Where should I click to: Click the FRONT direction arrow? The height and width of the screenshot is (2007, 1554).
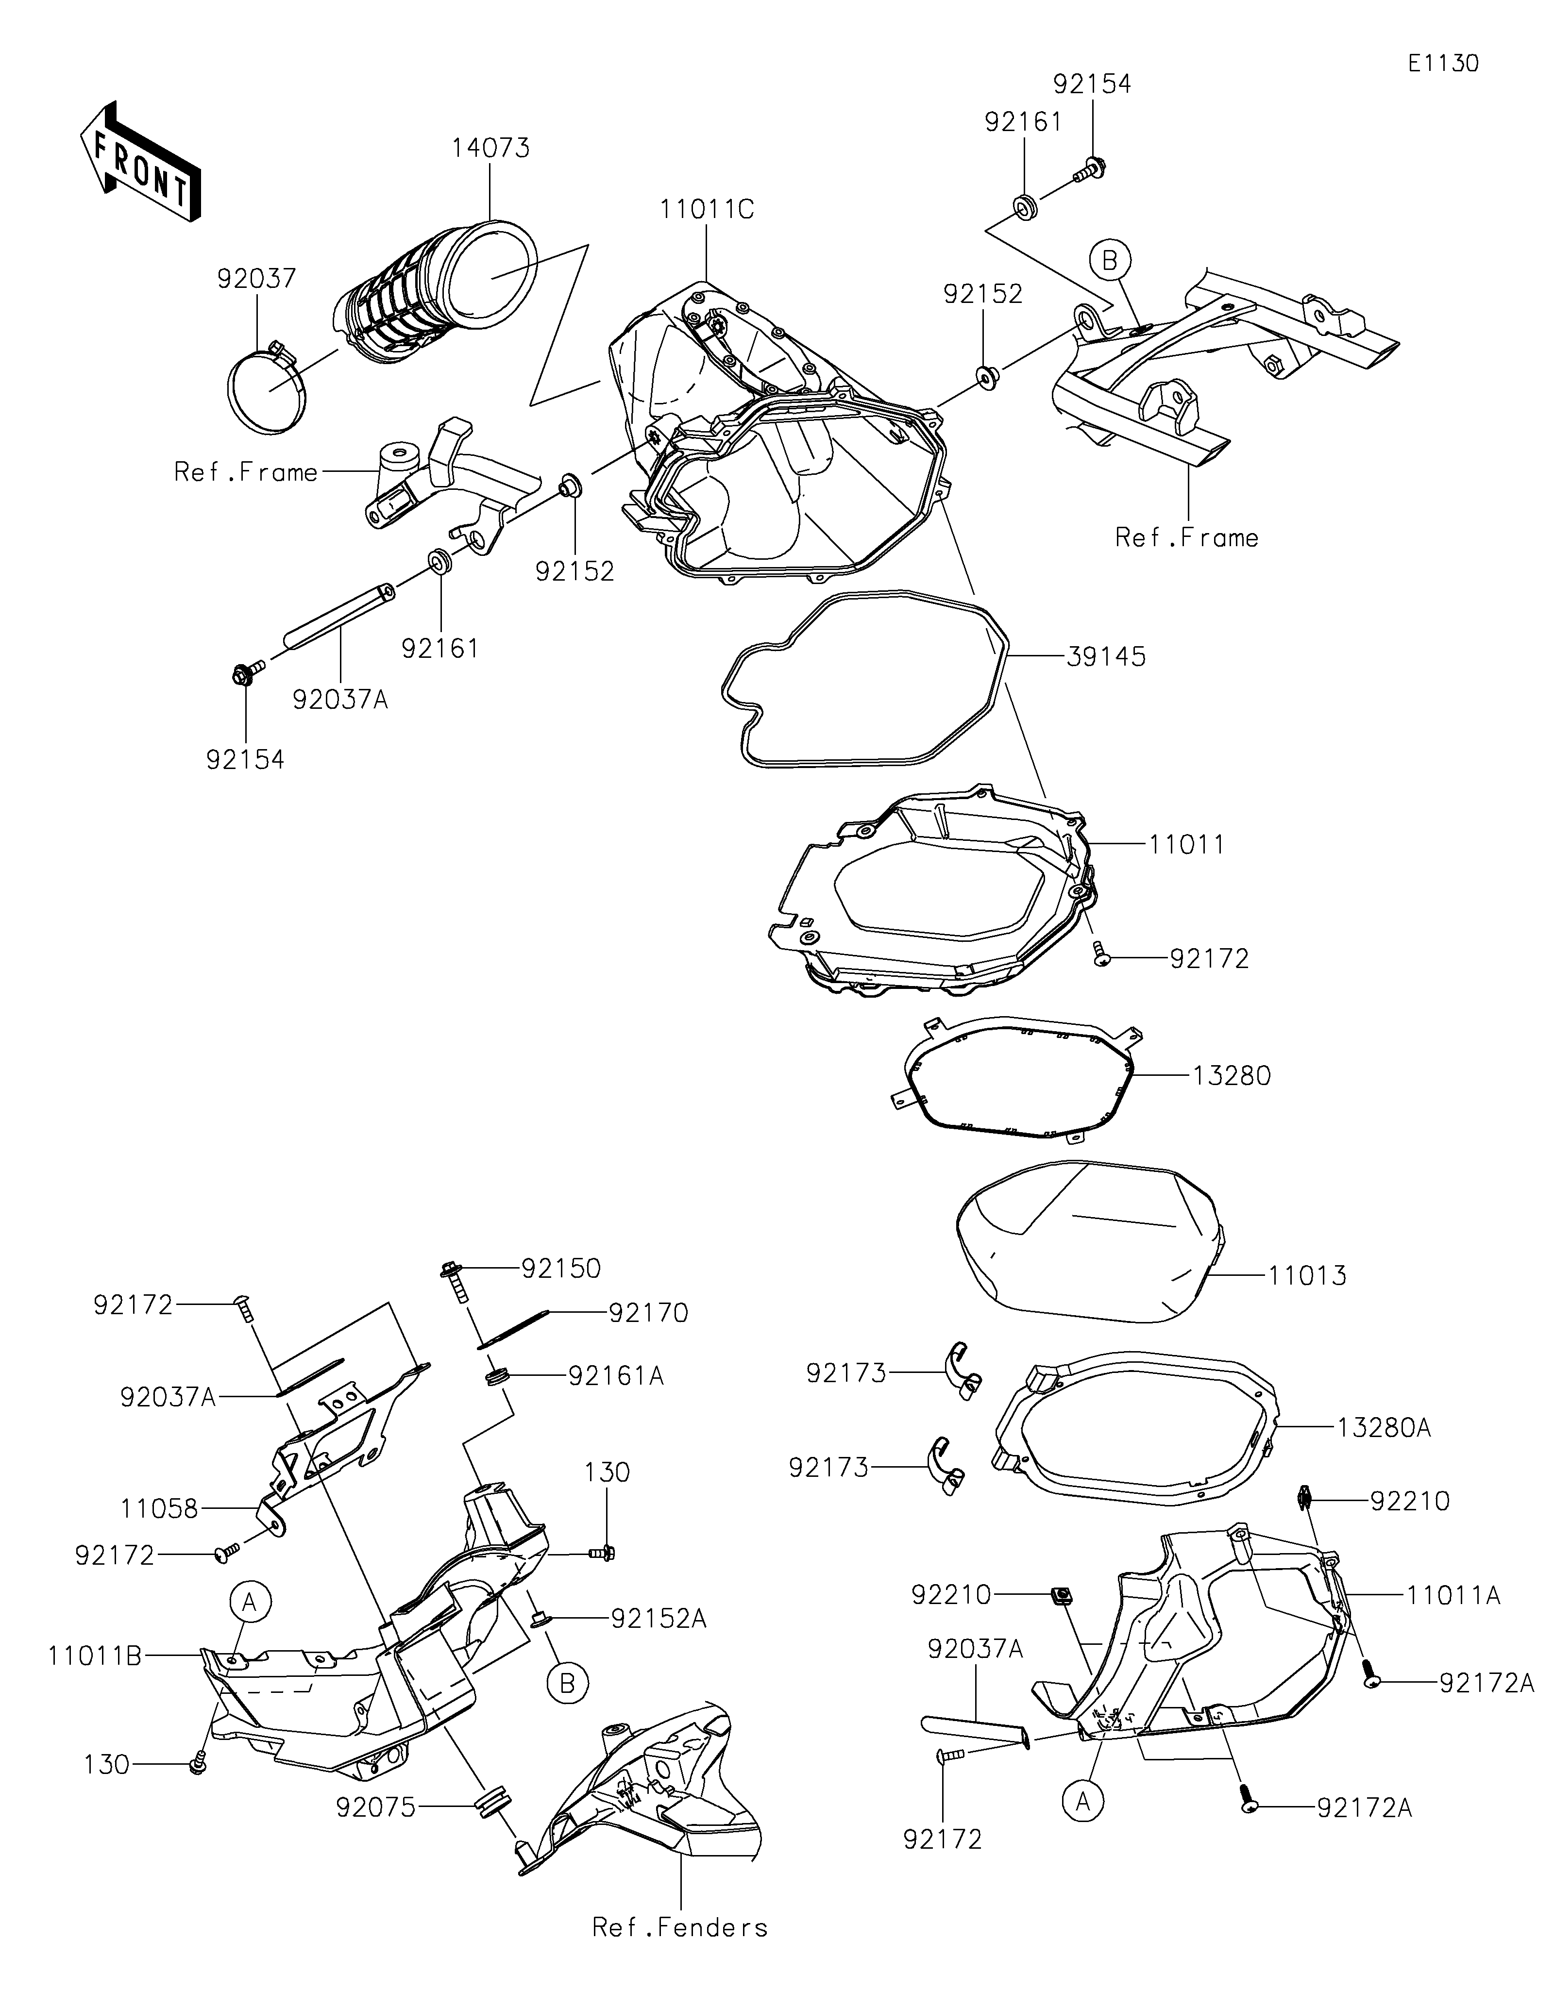tap(140, 160)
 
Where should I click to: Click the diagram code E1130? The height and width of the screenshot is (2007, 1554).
tap(1443, 64)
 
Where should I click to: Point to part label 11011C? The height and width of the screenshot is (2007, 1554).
tap(706, 210)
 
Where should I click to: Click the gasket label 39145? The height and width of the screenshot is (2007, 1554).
tap(1106, 656)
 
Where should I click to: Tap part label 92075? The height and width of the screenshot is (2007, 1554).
tap(376, 1807)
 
